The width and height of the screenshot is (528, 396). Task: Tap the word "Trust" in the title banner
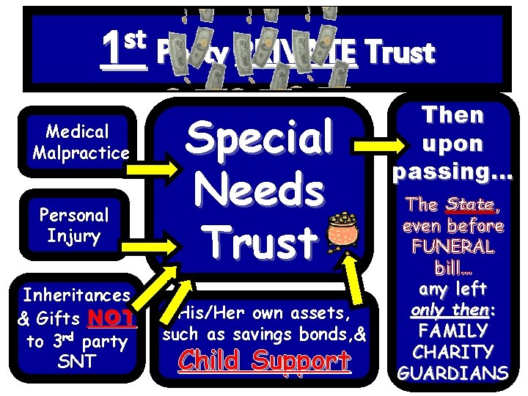[x=399, y=53]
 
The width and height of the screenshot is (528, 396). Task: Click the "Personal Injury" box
[x=74, y=226]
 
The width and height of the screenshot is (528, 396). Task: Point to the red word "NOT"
[x=111, y=318]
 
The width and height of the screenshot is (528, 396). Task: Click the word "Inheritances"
[x=76, y=296]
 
